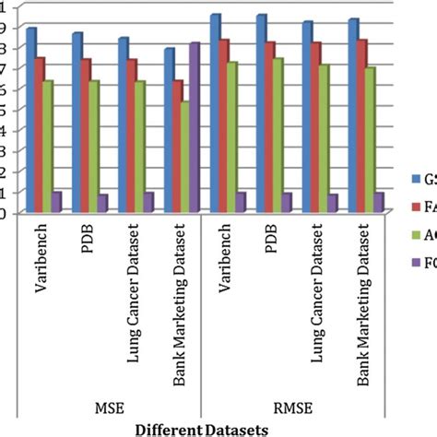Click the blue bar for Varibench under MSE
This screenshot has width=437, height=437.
tap(30, 120)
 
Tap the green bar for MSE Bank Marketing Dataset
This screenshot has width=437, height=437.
tap(184, 157)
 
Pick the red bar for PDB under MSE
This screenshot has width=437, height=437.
tap(87, 136)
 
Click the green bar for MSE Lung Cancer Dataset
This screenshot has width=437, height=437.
tap(139, 147)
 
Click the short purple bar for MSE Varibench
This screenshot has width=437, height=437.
tap(56, 202)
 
